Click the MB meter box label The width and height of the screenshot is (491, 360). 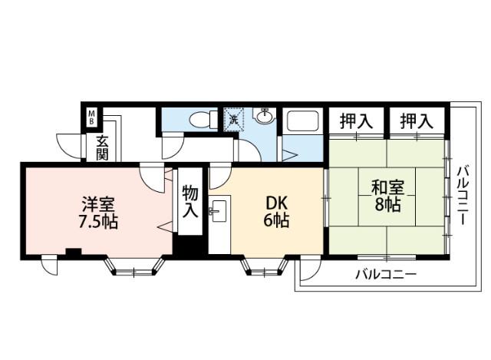coord(91,118)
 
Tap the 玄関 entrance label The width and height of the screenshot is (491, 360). coord(102,147)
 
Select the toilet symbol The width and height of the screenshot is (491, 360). coord(201,120)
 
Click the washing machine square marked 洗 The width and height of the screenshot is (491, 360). coord(232,118)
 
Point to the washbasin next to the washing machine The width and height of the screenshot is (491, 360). coord(264,117)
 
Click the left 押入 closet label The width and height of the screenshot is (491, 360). coord(357,121)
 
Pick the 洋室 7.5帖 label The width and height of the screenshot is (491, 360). coord(98,213)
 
